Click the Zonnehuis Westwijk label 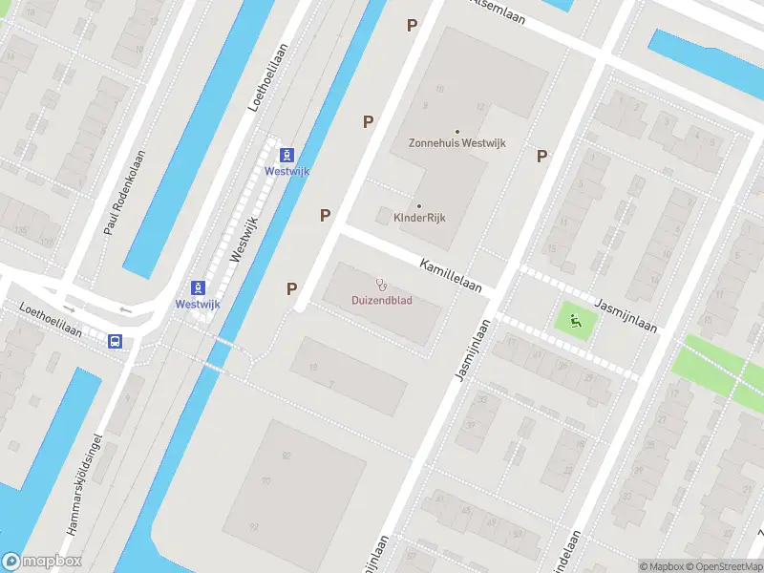point(456,143)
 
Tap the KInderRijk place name point(420,218)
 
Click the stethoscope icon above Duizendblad point(381,284)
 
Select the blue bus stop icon point(115,341)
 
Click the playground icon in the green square point(574,321)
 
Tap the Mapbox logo point(42,562)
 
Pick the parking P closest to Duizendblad point(292,287)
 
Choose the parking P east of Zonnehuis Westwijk point(541,156)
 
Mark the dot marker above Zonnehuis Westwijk point(456,131)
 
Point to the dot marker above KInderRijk point(418,204)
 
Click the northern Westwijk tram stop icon point(286,155)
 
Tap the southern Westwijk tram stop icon point(198,287)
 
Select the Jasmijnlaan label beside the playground point(626,314)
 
